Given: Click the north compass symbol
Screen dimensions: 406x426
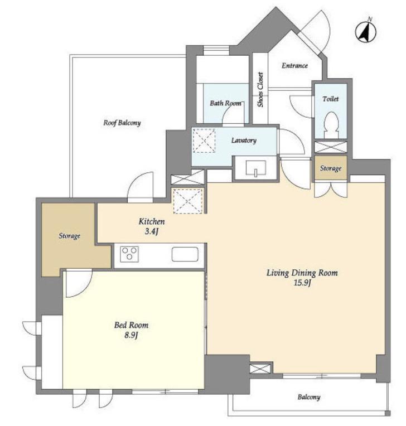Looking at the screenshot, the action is (x=366, y=32).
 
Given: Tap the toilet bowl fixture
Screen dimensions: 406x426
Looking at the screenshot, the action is (x=331, y=125).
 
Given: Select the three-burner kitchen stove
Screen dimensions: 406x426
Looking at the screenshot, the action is (x=129, y=254).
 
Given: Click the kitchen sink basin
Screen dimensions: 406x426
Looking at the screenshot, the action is (x=185, y=254).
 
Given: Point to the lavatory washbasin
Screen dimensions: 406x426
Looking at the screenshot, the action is (x=256, y=168).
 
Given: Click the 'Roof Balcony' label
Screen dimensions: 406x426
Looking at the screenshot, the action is (x=122, y=123).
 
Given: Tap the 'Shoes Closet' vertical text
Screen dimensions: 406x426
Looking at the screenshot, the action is (x=260, y=89).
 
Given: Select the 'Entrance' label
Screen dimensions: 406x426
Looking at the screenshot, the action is (x=294, y=65).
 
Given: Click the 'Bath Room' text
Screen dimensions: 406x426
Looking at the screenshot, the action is (x=225, y=103).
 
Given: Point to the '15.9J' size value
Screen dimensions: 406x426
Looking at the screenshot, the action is (x=302, y=283).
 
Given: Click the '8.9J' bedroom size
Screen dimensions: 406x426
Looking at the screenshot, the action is (x=131, y=335).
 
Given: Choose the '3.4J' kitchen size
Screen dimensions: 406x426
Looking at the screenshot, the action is (x=151, y=231).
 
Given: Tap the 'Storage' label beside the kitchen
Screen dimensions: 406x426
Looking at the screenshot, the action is (x=70, y=235).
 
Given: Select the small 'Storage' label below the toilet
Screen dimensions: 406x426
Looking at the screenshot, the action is (x=331, y=168).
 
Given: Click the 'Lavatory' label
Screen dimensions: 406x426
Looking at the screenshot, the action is (x=244, y=141).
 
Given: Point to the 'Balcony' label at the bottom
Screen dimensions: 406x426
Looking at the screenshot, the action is (x=309, y=397).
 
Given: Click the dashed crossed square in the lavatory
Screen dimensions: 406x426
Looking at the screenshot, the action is (x=204, y=141).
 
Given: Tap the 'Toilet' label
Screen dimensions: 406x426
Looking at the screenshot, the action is (x=331, y=99).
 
